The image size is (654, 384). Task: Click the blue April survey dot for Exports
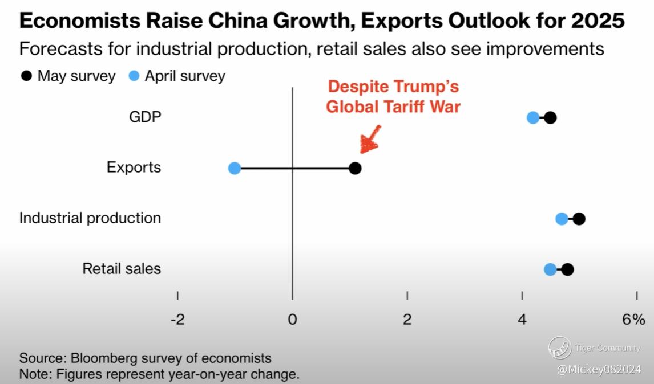click(234, 168)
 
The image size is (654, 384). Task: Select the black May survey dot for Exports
click(355, 168)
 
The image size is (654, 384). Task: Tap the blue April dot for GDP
click(532, 118)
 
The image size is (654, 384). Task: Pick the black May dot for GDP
click(550, 118)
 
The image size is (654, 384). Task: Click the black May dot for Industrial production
click(579, 219)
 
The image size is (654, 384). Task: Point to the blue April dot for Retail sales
click(550, 269)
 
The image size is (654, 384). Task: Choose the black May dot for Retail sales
click(567, 269)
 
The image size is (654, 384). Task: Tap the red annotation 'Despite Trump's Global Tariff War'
click(393, 97)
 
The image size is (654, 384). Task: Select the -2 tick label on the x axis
click(177, 320)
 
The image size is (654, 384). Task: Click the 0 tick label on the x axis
click(292, 320)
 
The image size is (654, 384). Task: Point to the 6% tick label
click(633, 320)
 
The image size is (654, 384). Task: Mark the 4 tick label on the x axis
click(522, 320)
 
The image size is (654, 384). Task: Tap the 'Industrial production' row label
click(90, 218)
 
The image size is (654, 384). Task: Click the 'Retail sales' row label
click(122, 269)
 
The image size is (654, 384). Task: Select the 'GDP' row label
click(145, 117)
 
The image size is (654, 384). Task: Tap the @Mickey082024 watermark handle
click(599, 369)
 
